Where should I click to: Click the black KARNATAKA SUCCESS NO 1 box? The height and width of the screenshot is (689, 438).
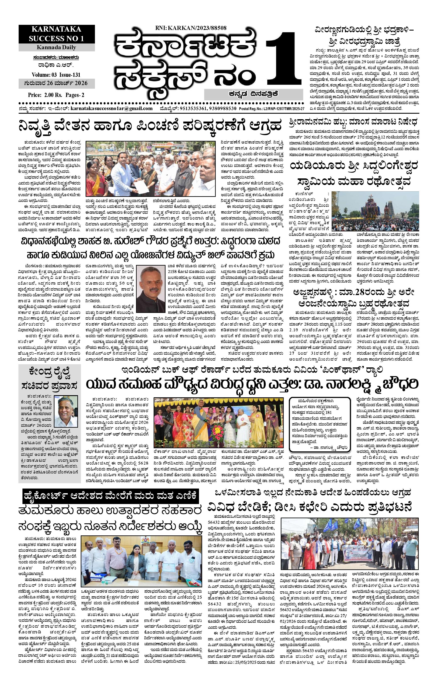point(57,34)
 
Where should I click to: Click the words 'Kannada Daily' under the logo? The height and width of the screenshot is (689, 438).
point(56,47)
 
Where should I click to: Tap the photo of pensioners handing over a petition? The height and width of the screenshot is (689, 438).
point(150,168)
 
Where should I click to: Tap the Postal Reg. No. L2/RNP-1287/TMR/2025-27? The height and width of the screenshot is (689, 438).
point(272,109)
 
